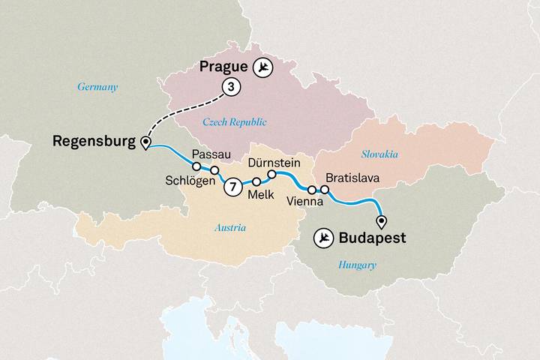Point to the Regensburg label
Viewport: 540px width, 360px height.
(x=93, y=141)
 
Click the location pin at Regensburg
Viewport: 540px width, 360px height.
(x=145, y=143)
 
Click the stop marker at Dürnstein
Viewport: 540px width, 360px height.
(x=271, y=175)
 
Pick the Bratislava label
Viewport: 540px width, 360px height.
(x=352, y=178)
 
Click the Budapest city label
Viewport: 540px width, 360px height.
(x=372, y=238)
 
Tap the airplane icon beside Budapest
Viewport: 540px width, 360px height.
(x=324, y=238)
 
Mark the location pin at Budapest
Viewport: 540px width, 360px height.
(x=382, y=221)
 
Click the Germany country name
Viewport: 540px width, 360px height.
(x=97, y=87)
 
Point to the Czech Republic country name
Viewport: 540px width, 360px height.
(x=235, y=121)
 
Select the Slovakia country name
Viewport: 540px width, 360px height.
(x=379, y=154)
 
